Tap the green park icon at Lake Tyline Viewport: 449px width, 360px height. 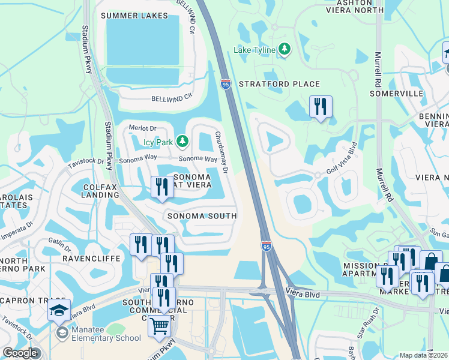285,50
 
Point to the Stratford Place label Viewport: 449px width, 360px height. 279,84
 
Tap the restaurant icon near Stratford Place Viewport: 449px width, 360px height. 320,107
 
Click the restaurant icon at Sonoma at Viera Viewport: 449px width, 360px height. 161,187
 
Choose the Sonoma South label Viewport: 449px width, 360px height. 202,215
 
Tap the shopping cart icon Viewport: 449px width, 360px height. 160,326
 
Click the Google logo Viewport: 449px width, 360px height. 19,353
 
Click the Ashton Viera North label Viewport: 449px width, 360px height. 354,5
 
